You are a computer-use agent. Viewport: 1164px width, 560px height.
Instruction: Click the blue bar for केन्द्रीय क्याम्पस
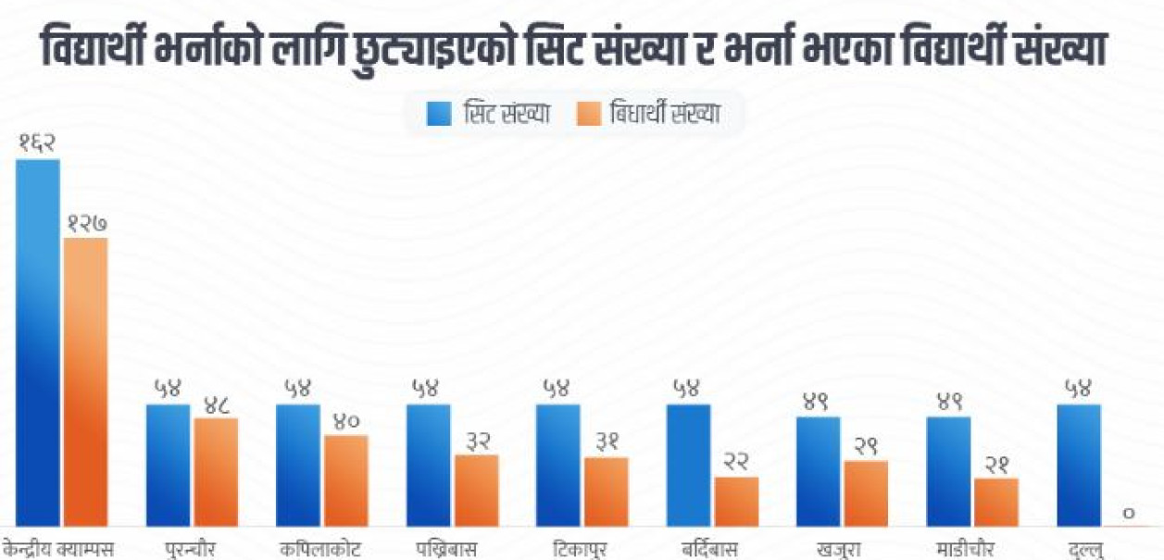pyautogui.click(x=38, y=342)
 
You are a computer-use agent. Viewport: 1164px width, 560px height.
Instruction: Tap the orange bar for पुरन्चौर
pyautogui.click(x=216, y=472)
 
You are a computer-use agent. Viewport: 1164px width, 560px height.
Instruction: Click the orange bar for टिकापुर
pyautogui.click(x=606, y=492)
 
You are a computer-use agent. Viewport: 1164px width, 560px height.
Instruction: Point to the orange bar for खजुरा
pyautogui.click(x=866, y=493)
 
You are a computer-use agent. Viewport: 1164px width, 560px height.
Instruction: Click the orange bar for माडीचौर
pyautogui.click(x=996, y=502)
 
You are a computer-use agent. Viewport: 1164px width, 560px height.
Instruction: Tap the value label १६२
pyautogui.click(x=38, y=143)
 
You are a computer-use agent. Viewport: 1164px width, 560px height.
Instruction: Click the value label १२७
pyautogui.click(x=86, y=222)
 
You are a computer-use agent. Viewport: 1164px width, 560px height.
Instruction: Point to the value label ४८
pyautogui.click(x=216, y=403)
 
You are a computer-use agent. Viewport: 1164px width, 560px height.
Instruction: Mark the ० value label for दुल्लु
pyautogui.click(x=1127, y=512)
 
